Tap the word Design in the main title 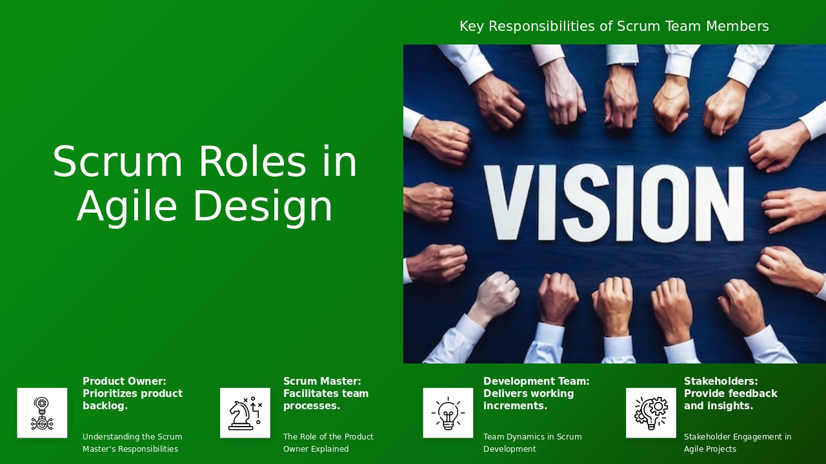(x=263, y=207)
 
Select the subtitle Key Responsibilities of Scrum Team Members (x=614, y=26)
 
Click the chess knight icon (x=245, y=413)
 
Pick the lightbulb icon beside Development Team (x=448, y=413)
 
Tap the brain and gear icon (x=650, y=413)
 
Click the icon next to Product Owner (x=42, y=413)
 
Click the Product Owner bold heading (x=132, y=394)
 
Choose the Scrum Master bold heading (x=326, y=394)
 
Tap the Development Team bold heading (x=536, y=394)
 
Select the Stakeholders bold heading (x=730, y=394)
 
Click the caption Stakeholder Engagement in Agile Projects (x=738, y=443)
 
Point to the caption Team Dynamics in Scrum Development (x=532, y=443)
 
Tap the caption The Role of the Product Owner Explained (x=328, y=443)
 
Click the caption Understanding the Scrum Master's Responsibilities (x=132, y=443)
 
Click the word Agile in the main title (x=126, y=207)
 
